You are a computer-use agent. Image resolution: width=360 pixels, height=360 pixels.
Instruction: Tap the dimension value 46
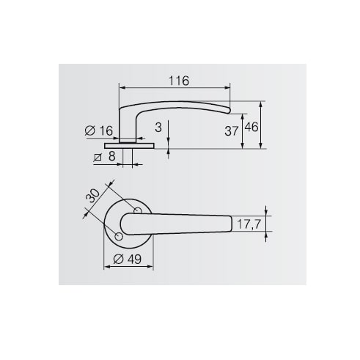[x=251, y=127]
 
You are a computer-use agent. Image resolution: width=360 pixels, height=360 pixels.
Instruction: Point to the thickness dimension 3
[x=159, y=127]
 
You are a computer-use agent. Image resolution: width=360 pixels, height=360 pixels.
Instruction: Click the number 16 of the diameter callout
[x=105, y=131]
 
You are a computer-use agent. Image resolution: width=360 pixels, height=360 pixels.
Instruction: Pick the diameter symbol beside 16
[x=89, y=131]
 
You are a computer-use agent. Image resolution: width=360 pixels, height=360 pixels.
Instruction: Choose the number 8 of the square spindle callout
[x=111, y=156]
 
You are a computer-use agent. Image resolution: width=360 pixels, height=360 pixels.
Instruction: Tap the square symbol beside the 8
[x=98, y=157]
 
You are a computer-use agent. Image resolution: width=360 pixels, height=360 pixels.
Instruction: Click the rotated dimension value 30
[x=93, y=196]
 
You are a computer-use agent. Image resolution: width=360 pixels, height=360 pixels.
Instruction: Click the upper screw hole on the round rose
[x=138, y=211]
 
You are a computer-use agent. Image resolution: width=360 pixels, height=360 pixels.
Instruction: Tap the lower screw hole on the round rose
[x=118, y=235]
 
